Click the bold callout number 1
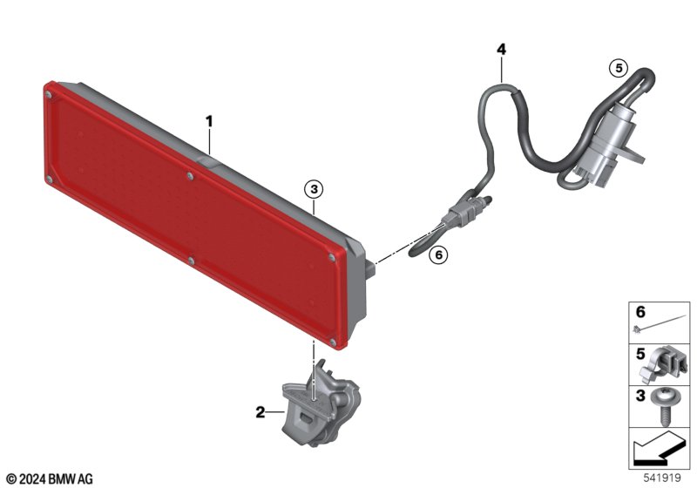click(x=209, y=121)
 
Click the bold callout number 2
click(x=260, y=412)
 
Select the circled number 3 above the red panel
click(x=314, y=190)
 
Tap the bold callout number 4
click(x=501, y=49)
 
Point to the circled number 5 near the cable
click(x=619, y=69)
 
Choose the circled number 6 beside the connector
click(x=438, y=254)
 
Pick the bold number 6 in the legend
click(x=640, y=312)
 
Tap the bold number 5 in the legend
click(x=640, y=354)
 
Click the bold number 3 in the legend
click(x=640, y=396)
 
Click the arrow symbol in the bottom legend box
click(x=658, y=448)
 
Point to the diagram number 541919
click(x=662, y=478)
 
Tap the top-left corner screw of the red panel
click(x=49, y=94)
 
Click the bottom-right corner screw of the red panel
click(x=334, y=342)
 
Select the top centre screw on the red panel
click(x=190, y=176)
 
